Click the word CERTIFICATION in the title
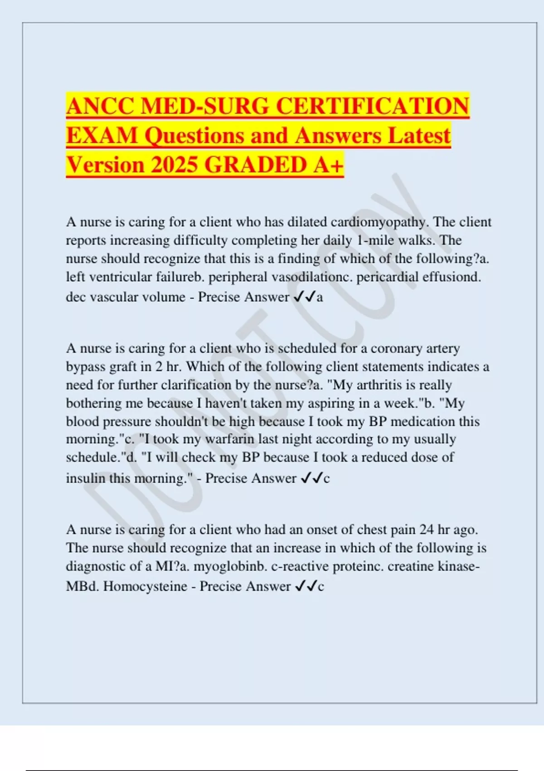pyautogui.click(x=372, y=107)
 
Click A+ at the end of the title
pyautogui.click(x=328, y=165)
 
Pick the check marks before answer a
pyautogui.click(x=304, y=297)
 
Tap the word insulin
pyautogui.click(x=86, y=478)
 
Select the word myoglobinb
pyautogui.click(x=227, y=566)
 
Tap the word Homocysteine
pyautogui.click(x=145, y=586)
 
